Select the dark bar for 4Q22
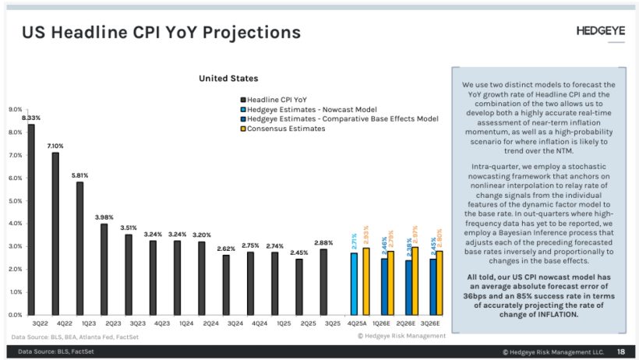coord(55,233)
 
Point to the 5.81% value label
coord(79,175)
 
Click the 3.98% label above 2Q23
coord(104,217)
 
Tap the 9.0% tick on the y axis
coord(15,110)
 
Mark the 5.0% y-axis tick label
coord(15,201)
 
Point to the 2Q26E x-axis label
coord(407,323)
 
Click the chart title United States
coord(228,78)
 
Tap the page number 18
coord(620,351)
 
